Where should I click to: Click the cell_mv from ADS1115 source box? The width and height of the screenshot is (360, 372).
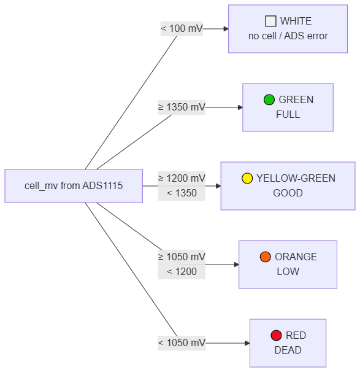(x=74, y=186)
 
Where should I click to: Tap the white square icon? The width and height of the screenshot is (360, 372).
(x=270, y=21)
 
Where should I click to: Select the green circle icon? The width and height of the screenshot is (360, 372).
(x=269, y=99)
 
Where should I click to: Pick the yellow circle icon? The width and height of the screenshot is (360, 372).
(x=247, y=178)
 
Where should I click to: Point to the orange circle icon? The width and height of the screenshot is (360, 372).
(x=265, y=257)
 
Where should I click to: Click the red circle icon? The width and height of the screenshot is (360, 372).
(x=276, y=335)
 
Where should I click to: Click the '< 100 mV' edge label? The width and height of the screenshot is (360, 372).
(x=182, y=29)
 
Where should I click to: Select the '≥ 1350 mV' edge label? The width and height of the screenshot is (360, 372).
(x=182, y=107)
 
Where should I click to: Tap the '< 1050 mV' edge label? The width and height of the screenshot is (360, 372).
(x=182, y=343)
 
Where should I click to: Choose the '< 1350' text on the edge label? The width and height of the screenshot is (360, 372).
(x=182, y=193)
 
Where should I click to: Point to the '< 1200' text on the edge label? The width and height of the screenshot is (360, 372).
(x=182, y=272)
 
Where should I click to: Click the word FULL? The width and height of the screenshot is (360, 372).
(x=288, y=115)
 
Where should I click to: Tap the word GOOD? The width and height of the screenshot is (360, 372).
(x=288, y=193)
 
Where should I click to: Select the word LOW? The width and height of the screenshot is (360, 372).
(x=288, y=272)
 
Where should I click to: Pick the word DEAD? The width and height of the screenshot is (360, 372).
(x=288, y=350)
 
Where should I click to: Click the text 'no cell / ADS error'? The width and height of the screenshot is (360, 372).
(x=288, y=36)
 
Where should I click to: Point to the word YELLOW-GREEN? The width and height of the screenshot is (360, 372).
(x=296, y=178)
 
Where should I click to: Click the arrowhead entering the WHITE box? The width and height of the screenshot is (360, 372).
(x=226, y=29)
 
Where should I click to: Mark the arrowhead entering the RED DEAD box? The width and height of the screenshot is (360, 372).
(x=247, y=343)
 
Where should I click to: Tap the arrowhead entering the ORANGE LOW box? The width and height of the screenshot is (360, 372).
(x=237, y=265)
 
